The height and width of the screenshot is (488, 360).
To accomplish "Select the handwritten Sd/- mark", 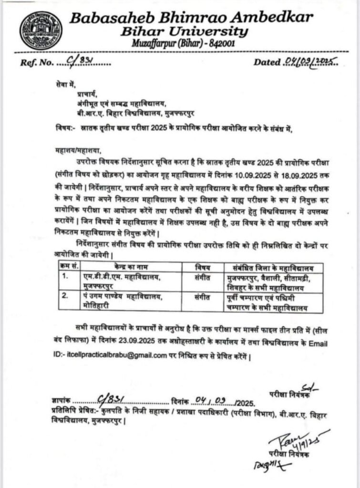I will [x=309, y=386].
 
